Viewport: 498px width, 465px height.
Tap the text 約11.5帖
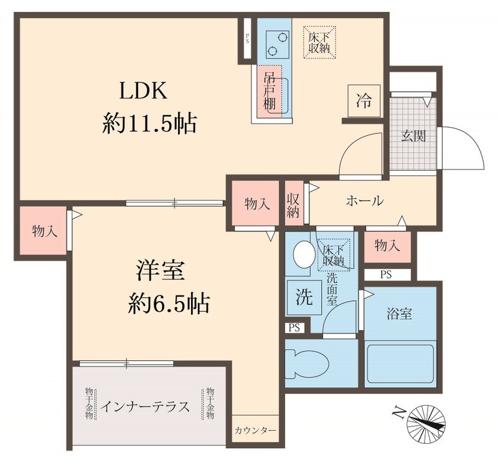[x=149, y=125]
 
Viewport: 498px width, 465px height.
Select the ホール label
[x=364, y=201]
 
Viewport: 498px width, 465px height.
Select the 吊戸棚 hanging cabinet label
[x=270, y=92]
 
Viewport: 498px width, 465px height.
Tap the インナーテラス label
[x=146, y=407]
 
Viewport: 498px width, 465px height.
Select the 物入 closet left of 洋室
[x=44, y=231]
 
